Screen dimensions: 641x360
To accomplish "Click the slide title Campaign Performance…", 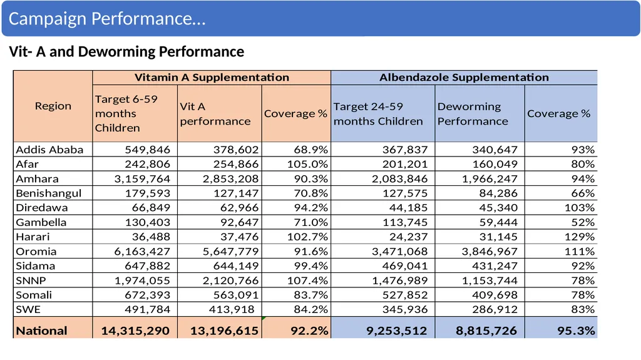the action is (x=107, y=19).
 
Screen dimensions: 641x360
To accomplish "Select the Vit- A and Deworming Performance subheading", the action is (x=126, y=51).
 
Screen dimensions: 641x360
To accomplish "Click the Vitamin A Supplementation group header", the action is (x=212, y=77).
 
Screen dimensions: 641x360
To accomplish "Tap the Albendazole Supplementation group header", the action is (x=464, y=77).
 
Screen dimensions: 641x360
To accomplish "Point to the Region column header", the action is (x=53, y=106).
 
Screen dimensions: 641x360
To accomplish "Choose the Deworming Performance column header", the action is (x=473, y=114).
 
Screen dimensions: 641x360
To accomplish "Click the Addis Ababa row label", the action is (x=49, y=150).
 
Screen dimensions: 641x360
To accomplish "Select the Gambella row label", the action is (x=41, y=222).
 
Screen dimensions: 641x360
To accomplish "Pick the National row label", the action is (x=41, y=331).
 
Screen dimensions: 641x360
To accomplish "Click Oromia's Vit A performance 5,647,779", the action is (x=231, y=252).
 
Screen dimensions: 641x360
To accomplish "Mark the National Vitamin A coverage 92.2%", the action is (x=309, y=331).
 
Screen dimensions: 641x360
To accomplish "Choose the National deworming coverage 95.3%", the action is (x=576, y=331).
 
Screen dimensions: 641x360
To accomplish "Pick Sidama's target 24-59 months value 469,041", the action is (x=405, y=266).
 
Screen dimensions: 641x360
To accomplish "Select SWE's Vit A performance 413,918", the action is (x=232, y=310).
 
